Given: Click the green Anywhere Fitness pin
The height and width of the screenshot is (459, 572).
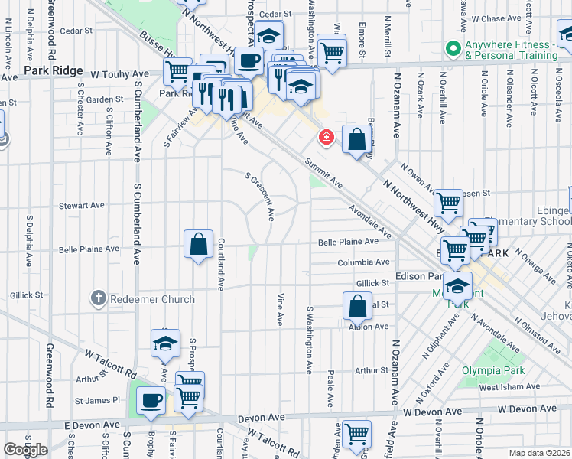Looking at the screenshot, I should pyautogui.click(x=454, y=48).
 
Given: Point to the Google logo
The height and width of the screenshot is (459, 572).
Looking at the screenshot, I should pyautogui.click(x=25, y=450).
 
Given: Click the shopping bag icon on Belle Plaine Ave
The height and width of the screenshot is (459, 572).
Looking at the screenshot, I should pyautogui.click(x=198, y=245).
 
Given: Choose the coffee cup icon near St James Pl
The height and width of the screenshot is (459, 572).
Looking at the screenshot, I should pyautogui.click(x=151, y=399).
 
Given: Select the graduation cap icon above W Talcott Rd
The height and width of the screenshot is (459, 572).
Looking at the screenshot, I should pyautogui.click(x=164, y=344).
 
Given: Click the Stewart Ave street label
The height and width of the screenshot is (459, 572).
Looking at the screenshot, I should pyautogui.click(x=82, y=205).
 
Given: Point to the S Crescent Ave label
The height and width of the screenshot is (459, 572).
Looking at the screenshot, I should pyautogui.click(x=259, y=197).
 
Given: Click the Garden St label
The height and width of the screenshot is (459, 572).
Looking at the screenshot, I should pyautogui.click(x=104, y=99).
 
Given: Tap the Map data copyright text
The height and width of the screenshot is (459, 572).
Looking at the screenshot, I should pyautogui.click(x=538, y=453).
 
